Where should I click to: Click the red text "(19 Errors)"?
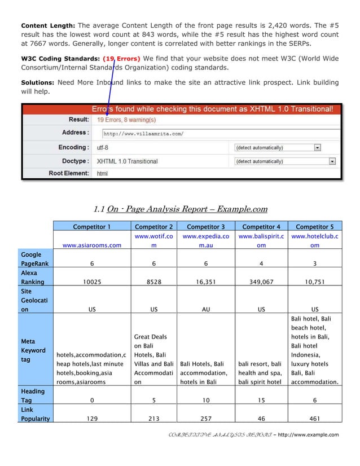tap(121, 58)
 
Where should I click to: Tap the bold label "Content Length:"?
tap(47, 25)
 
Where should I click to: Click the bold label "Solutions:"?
tap(38, 82)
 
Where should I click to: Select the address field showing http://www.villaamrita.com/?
tap(220, 134)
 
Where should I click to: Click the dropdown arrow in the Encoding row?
tap(317, 147)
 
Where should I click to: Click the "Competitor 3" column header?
tap(205, 227)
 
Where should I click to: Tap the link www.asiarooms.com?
tap(92, 245)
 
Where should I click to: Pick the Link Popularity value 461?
tap(315, 419)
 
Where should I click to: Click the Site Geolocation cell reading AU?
tap(205, 310)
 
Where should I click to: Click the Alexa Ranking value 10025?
tap(92, 282)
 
